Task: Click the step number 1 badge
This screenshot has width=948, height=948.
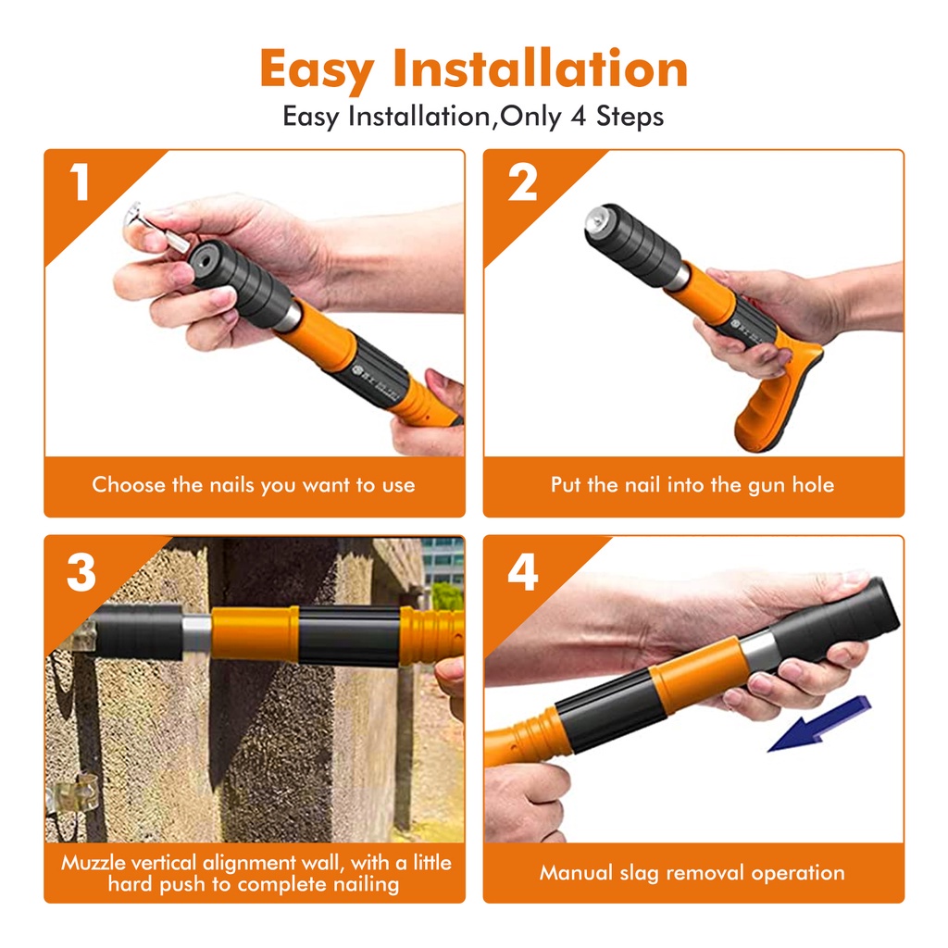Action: click(x=80, y=181)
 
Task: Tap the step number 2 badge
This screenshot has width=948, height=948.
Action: click(x=522, y=181)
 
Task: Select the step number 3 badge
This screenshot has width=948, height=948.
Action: click(x=81, y=572)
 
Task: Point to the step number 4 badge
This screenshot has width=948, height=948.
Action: click(x=523, y=572)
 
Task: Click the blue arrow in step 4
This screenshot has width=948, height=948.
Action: click(x=819, y=724)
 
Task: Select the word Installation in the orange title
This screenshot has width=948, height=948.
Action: click(x=540, y=69)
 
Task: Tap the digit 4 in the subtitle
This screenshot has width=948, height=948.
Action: click(x=579, y=116)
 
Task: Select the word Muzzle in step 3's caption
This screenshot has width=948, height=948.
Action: click(x=94, y=862)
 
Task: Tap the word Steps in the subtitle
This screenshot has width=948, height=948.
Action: click(x=630, y=117)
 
